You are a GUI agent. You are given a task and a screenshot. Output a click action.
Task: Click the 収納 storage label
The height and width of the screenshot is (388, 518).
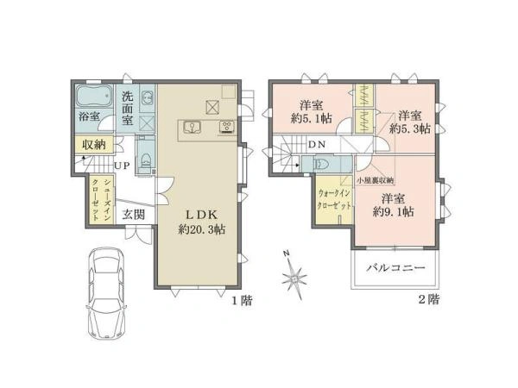(x=95, y=146)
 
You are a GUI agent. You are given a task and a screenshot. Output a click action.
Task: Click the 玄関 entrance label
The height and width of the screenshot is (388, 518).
(x=133, y=214)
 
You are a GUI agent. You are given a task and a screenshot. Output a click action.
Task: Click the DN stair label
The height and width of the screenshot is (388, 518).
(x=318, y=145)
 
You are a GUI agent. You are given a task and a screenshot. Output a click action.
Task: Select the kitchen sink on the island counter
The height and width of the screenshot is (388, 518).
(x=193, y=129)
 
